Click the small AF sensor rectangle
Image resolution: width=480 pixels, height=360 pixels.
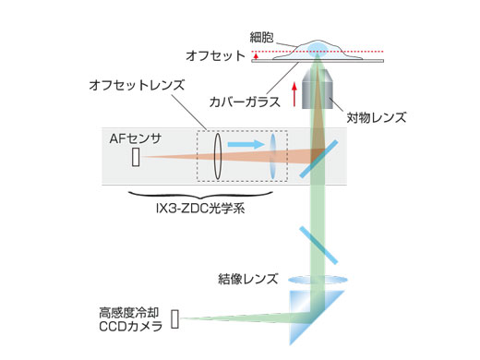click(x=137, y=158)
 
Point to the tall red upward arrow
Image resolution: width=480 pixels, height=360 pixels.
click(x=294, y=95)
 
